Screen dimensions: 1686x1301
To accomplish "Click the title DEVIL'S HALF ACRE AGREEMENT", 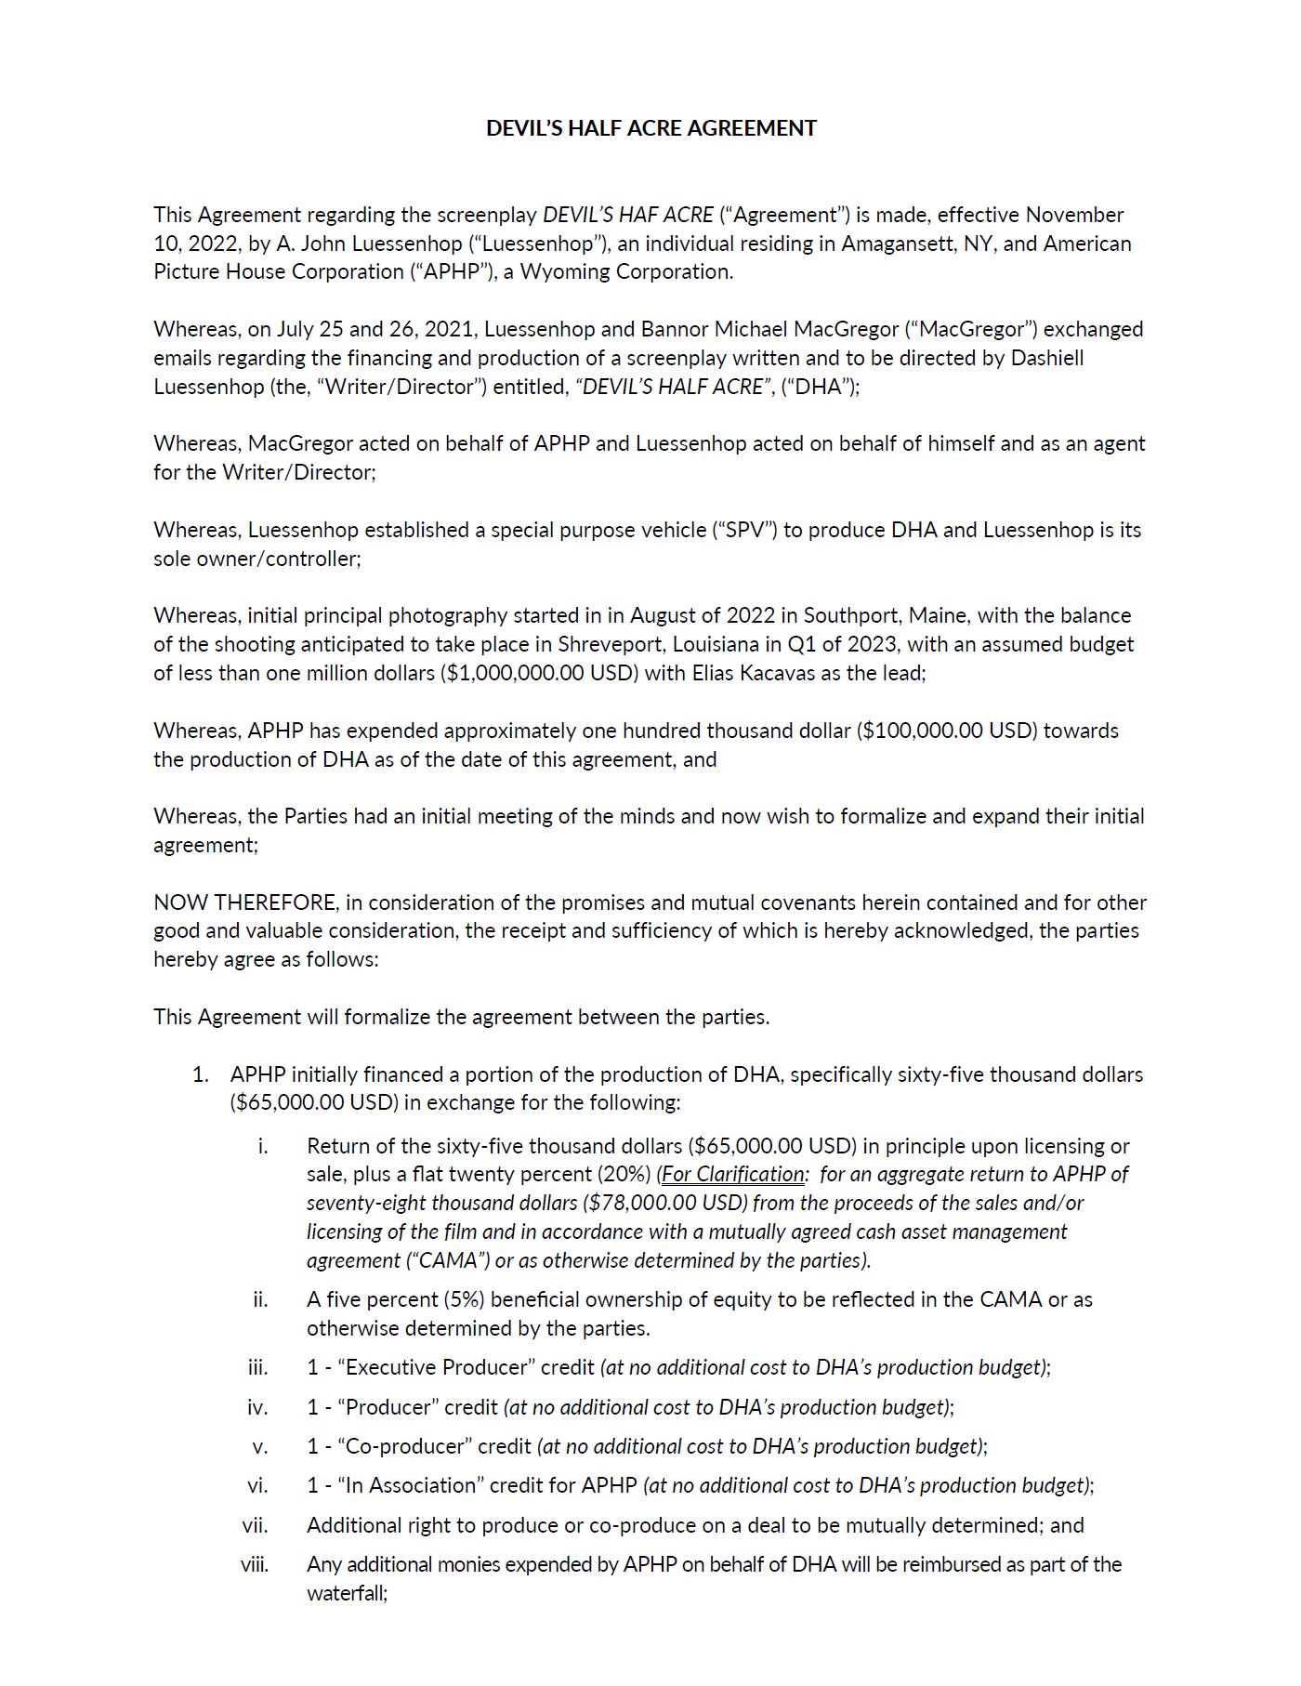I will (x=650, y=128).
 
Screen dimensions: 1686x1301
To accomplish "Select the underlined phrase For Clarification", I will (x=732, y=1174).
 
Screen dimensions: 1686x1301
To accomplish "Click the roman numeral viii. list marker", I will (x=255, y=1564).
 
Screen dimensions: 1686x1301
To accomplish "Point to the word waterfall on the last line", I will (x=345, y=1593).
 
